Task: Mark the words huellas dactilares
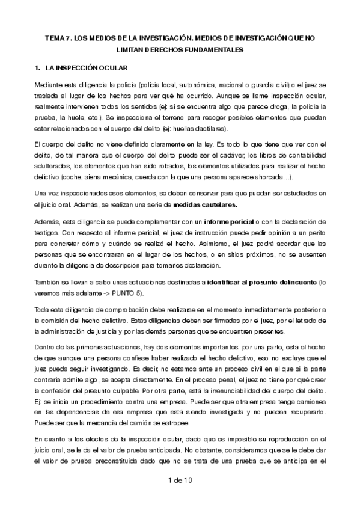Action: click(203, 128)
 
